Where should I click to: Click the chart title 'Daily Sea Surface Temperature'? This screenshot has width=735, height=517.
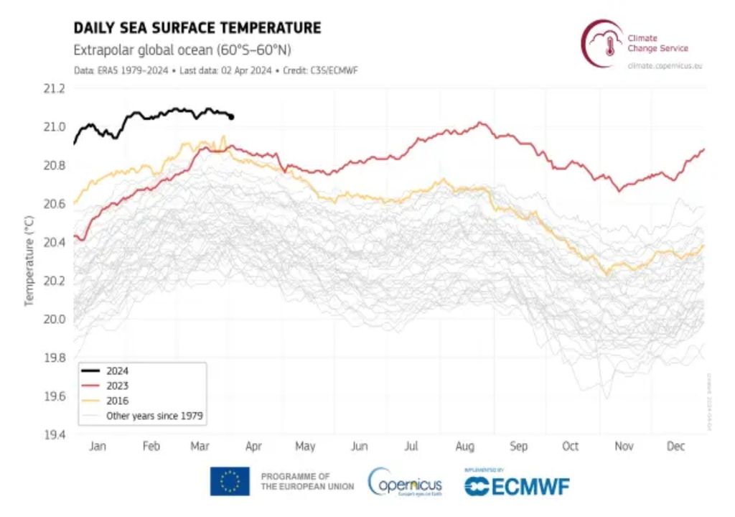click(197, 28)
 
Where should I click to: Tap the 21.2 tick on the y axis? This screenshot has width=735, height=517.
click(55, 88)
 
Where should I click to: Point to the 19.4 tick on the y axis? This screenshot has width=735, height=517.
click(55, 434)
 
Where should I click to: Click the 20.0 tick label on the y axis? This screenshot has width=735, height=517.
click(55, 319)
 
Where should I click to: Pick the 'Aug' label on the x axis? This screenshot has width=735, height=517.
click(464, 447)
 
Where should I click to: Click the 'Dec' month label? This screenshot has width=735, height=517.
click(675, 447)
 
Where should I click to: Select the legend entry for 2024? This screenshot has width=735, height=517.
click(117, 372)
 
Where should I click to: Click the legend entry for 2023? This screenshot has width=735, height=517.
click(117, 386)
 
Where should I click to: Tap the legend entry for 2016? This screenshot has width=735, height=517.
click(117, 401)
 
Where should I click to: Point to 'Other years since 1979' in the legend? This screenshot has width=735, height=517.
click(154, 416)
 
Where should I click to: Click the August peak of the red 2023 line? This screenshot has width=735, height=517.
click(480, 123)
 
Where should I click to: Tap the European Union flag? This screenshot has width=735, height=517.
click(230, 481)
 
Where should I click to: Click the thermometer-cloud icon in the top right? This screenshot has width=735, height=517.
click(603, 43)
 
